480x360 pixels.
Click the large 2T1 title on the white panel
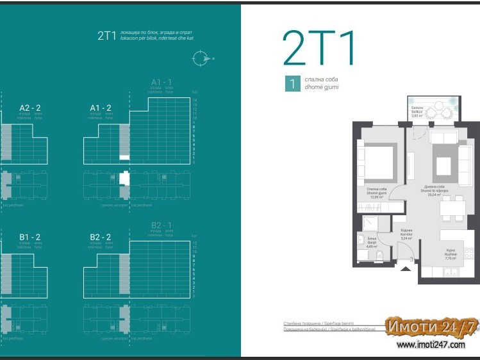click(x=319, y=48)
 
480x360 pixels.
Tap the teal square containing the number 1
click(x=292, y=84)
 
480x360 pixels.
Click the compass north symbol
click(x=201, y=58)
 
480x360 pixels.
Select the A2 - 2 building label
click(x=30, y=108)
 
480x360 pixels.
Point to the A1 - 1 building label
click(x=161, y=83)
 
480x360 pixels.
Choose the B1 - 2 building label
click(x=30, y=237)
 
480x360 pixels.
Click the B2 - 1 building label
click(x=161, y=225)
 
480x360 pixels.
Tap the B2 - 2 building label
click(x=101, y=237)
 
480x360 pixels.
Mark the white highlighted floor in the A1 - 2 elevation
click(x=124, y=157)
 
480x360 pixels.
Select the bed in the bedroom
click(x=380, y=161)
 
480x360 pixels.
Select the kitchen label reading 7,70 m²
click(x=451, y=255)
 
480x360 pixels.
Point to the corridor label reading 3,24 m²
click(x=406, y=234)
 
